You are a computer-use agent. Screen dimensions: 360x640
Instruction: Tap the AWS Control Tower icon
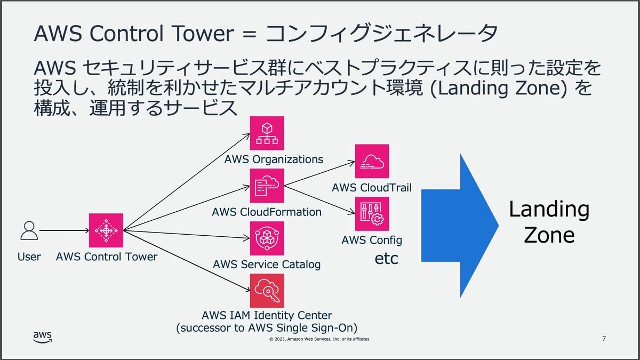[106, 230]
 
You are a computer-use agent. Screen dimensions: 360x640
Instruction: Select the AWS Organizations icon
[267, 133]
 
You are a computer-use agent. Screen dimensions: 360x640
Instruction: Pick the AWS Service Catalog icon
[267, 238]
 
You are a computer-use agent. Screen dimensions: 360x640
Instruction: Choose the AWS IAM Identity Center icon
[267, 291]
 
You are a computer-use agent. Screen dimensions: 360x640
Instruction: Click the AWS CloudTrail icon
[372, 161]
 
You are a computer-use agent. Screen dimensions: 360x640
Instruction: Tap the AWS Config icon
[372, 214]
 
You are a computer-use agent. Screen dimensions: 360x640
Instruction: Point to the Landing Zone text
[549, 222]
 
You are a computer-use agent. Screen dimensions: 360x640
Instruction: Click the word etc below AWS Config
[387, 259]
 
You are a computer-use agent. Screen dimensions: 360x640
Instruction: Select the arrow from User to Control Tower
[64, 231]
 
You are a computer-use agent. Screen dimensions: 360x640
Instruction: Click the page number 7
[604, 339]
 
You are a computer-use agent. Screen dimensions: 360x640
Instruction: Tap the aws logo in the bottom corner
[43, 337]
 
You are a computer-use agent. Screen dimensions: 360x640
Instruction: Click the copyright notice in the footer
[319, 339]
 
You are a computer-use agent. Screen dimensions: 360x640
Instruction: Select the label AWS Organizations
[274, 159]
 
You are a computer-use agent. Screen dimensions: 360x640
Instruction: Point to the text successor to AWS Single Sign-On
[267, 327]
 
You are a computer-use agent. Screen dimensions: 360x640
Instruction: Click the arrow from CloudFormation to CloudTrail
[320, 173]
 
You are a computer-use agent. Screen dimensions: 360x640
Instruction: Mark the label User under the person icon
[29, 257]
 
